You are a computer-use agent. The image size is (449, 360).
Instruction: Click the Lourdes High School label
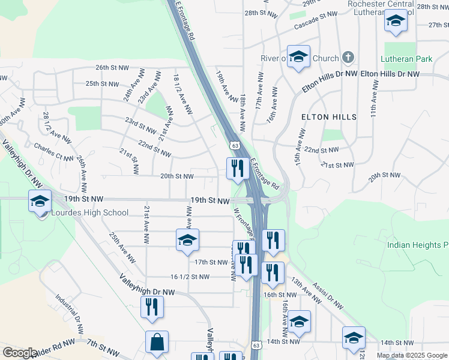click(90, 212)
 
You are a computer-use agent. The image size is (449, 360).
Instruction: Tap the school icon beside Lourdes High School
click(40, 201)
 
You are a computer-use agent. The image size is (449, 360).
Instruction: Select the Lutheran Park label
click(406, 59)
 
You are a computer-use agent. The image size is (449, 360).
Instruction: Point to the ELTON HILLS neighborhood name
click(328, 116)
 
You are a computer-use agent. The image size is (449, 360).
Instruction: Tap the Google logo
click(19, 353)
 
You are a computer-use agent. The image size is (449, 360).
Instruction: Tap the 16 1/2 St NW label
click(190, 277)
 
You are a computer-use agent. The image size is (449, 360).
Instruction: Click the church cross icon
click(347, 58)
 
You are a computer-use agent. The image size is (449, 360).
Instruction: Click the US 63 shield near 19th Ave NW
click(235, 145)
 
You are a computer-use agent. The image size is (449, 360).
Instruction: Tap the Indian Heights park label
click(418, 245)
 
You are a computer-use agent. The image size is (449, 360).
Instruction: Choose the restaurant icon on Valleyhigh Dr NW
click(151, 307)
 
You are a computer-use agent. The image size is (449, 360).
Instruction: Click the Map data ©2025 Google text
click(412, 355)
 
